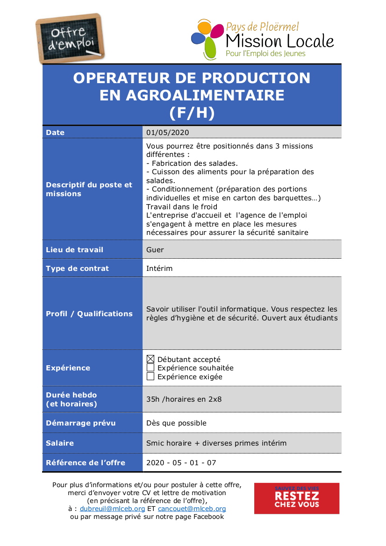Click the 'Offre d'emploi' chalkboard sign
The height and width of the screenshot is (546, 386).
pos(70,39)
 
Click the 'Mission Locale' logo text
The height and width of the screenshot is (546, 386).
pos(279,41)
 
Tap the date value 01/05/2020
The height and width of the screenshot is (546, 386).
pos(167,133)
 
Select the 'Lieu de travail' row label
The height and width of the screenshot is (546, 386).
pos(74,250)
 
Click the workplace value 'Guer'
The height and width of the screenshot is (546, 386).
pos(155,250)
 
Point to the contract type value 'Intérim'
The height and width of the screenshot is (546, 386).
pos(159,269)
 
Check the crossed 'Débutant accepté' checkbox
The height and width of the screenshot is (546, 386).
pos(150,359)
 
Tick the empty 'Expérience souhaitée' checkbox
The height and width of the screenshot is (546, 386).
pos(150,368)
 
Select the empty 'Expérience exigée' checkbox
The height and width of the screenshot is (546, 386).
pos(150,376)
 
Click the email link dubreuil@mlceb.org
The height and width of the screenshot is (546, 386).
pos(112,509)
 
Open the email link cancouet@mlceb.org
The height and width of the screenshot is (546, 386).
pos(192,509)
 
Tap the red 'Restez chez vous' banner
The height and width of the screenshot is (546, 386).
pos(297,498)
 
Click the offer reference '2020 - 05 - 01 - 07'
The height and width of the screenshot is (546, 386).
pos(181,463)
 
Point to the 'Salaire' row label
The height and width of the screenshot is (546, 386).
pos(60,443)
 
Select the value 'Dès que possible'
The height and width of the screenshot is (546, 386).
pos(176,423)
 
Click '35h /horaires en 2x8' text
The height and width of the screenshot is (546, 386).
pos(184,399)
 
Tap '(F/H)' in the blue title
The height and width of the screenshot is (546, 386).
pos(192,113)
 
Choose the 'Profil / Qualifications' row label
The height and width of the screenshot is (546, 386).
pos(89,314)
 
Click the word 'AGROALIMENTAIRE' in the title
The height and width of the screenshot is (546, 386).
pos(192,95)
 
